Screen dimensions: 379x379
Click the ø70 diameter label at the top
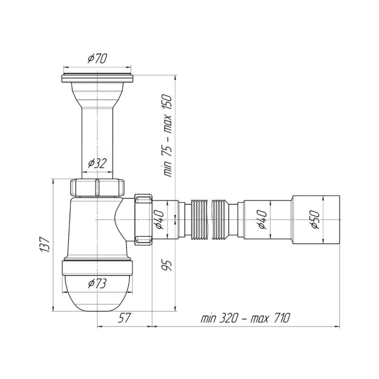(x=97, y=58)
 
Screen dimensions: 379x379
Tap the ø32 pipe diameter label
(x=97, y=163)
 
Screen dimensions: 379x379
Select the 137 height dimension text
(x=45, y=245)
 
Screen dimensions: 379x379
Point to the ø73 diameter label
(x=97, y=283)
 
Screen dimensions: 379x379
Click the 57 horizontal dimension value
(x=124, y=317)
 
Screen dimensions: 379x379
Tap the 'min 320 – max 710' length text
(x=245, y=318)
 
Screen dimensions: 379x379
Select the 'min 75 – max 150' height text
(x=167, y=136)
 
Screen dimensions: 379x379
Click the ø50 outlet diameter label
(x=315, y=220)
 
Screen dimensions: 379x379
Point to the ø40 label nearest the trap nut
(x=160, y=220)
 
